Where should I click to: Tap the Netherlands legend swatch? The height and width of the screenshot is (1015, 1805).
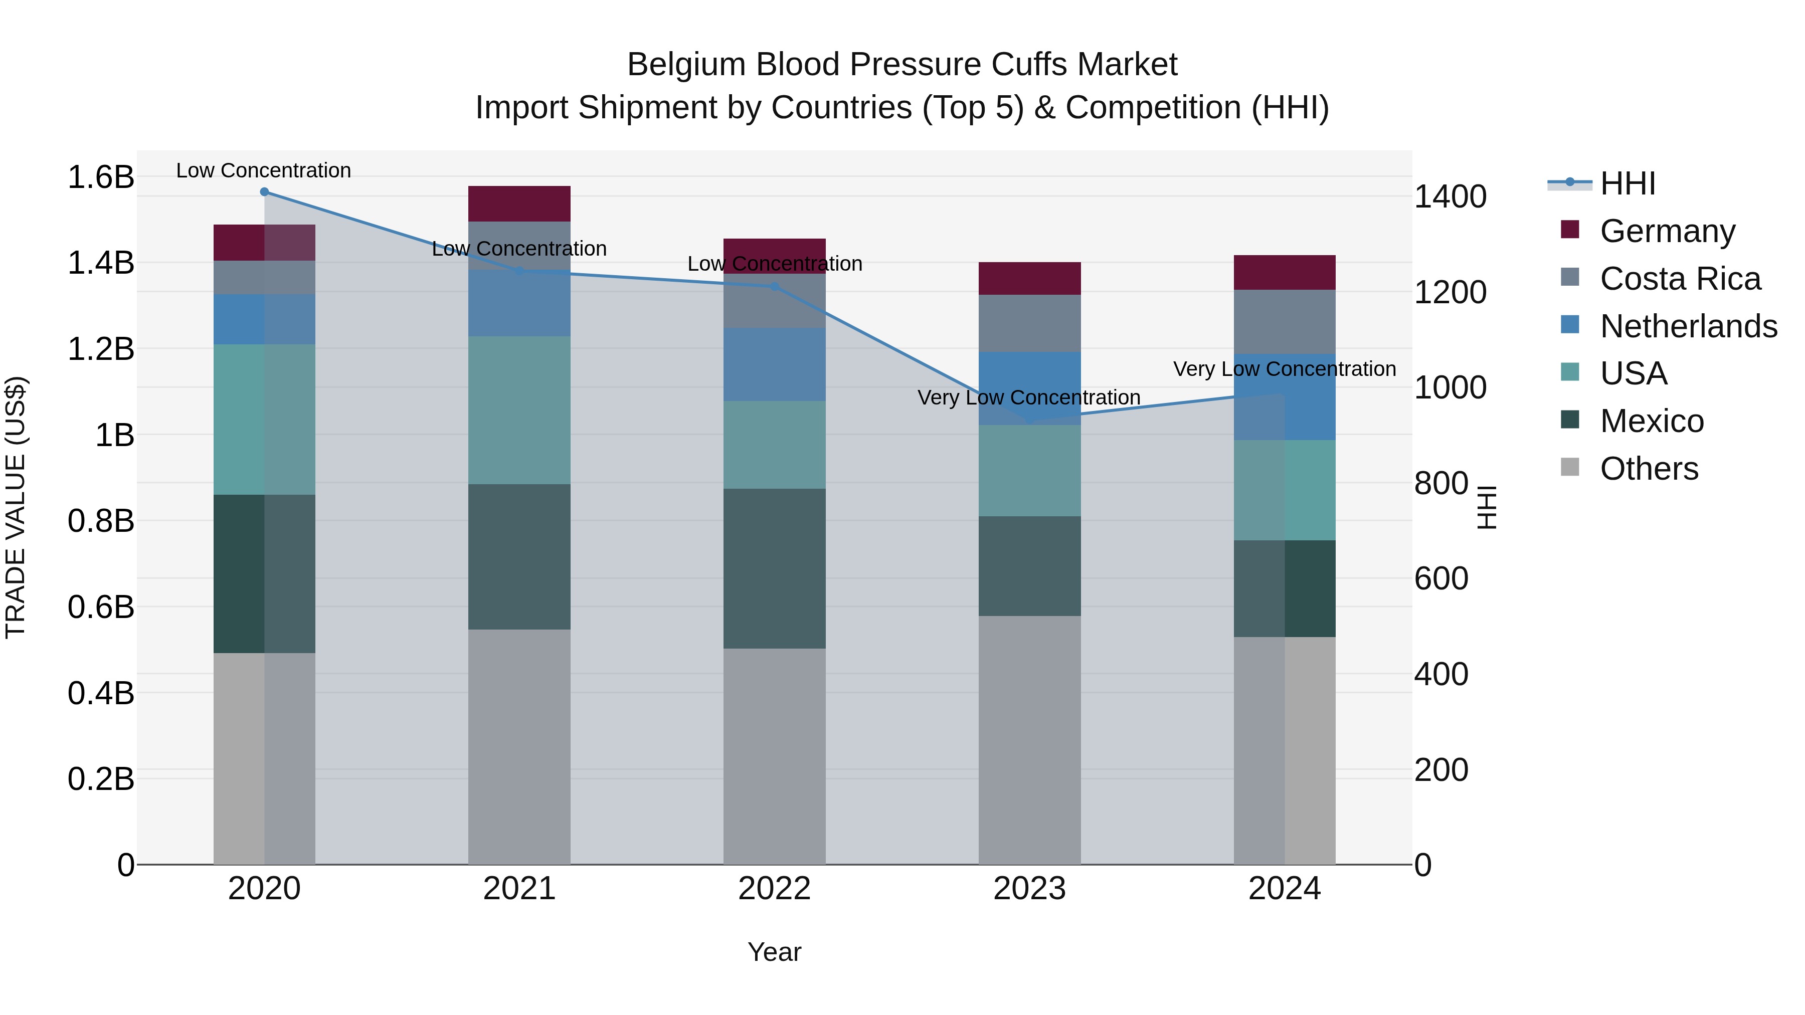coord(1570,325)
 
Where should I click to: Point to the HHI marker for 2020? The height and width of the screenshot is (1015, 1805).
coord(264,192)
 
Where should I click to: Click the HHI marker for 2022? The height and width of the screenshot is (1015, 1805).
coord(774,287)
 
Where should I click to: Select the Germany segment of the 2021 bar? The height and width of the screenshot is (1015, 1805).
coord(519,204)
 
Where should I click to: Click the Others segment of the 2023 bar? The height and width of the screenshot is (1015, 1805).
coord(1029,740)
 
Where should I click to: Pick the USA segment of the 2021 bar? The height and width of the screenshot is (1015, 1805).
coord(519,410)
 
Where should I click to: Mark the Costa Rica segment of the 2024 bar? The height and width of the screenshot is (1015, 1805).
coord(1285,322)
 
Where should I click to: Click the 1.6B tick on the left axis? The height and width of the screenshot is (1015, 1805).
coord(100,176)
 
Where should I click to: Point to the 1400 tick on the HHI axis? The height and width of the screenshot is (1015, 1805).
coord(1450,197)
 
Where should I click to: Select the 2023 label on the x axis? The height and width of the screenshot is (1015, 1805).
coord(1029,889)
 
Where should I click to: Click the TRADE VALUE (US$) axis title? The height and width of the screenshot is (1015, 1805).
coord(16,507)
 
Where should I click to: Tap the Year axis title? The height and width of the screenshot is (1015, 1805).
coord(774,952)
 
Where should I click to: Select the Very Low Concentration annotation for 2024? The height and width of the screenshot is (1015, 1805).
coord(1285,369)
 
